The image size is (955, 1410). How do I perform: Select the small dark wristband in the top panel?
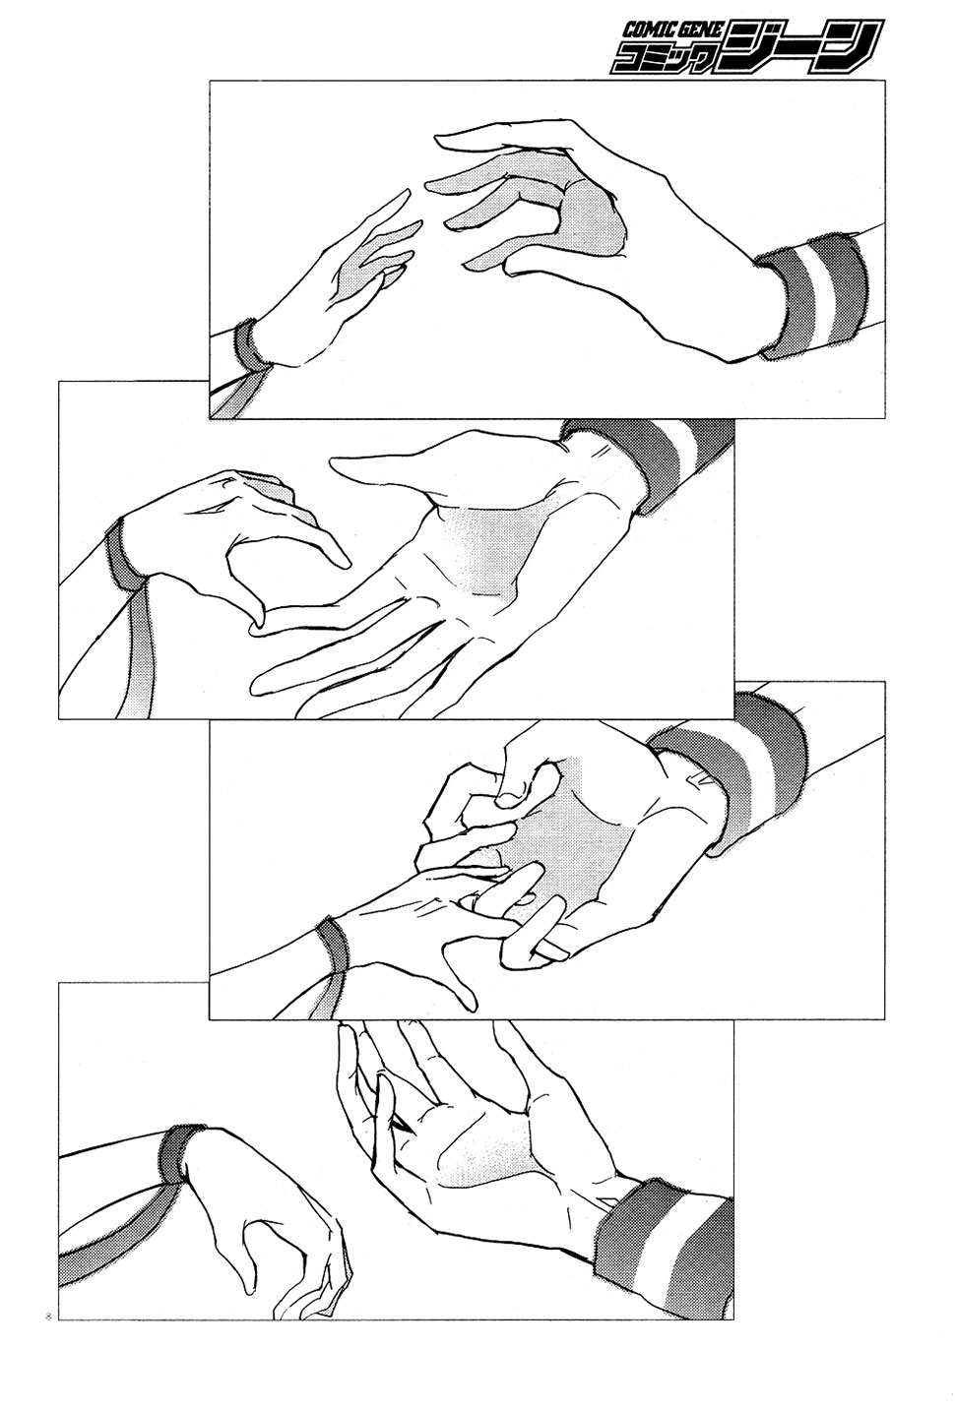pos(246,345)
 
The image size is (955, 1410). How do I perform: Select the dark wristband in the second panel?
pos(123,552)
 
